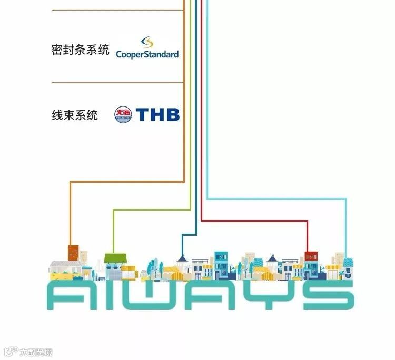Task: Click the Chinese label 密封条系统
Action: (80, 50)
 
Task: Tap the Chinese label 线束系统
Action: (74, 114)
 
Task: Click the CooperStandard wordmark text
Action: (147, 54)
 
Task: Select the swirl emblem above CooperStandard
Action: (147, 42)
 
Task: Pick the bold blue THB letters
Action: (157, 114)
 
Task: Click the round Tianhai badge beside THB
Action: (122, 114)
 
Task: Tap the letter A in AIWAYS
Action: (65, 296)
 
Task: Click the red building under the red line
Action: (311, 257)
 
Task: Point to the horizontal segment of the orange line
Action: (127, 182)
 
